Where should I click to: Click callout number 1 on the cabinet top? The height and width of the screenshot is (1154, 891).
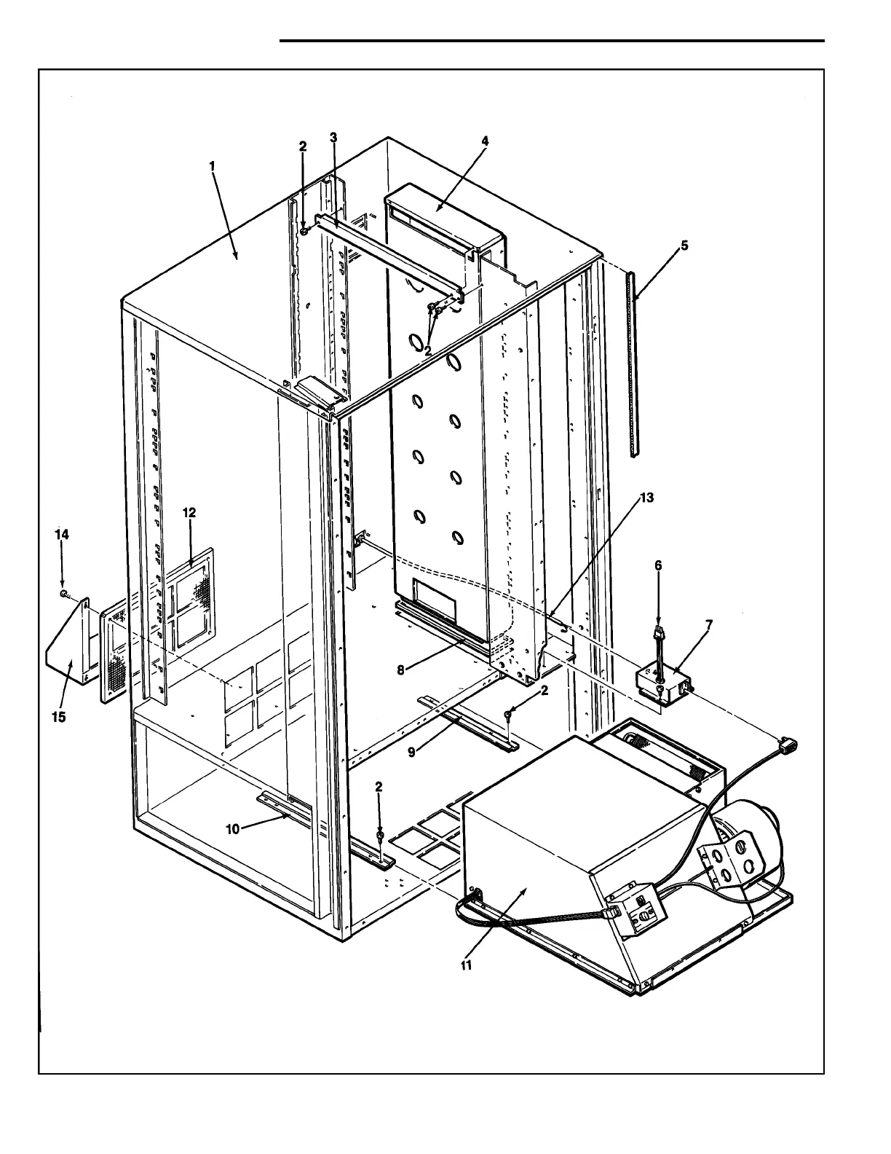[212, 166]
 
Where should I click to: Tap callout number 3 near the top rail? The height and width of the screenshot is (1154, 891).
[333, 138]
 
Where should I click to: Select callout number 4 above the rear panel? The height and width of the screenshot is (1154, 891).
[485, 141]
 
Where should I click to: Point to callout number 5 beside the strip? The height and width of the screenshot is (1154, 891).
[684, 246]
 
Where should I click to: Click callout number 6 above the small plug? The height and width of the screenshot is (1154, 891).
[658, 565]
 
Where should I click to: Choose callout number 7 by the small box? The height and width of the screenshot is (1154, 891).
[708, 624]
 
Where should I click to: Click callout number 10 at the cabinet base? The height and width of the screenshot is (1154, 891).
[232, 828]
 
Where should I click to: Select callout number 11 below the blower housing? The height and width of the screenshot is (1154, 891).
[466, 965]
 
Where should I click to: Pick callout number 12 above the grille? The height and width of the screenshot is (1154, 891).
[189, 513]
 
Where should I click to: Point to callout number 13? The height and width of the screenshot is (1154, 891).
[646, 498]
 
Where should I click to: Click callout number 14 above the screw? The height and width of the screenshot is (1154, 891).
[63, 534]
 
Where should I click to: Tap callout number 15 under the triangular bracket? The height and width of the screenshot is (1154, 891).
[58, 717]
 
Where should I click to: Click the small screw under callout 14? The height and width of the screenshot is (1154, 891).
[65, 594]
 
